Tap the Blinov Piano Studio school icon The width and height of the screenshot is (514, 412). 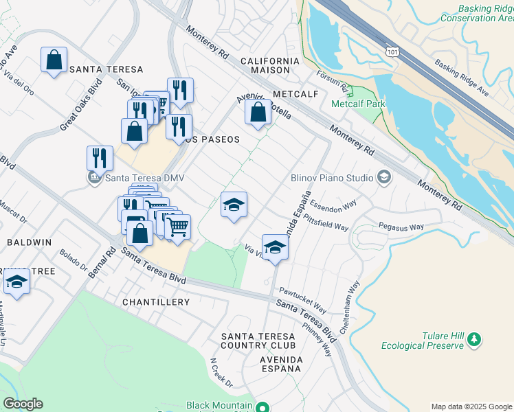(x=384, y=178)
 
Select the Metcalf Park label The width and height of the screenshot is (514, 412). (x=358, y=104)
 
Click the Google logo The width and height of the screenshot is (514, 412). (x=23, y=404)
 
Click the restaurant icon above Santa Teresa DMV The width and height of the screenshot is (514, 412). (x=100, y=158)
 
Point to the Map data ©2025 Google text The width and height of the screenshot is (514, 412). (x=471, y=406)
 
